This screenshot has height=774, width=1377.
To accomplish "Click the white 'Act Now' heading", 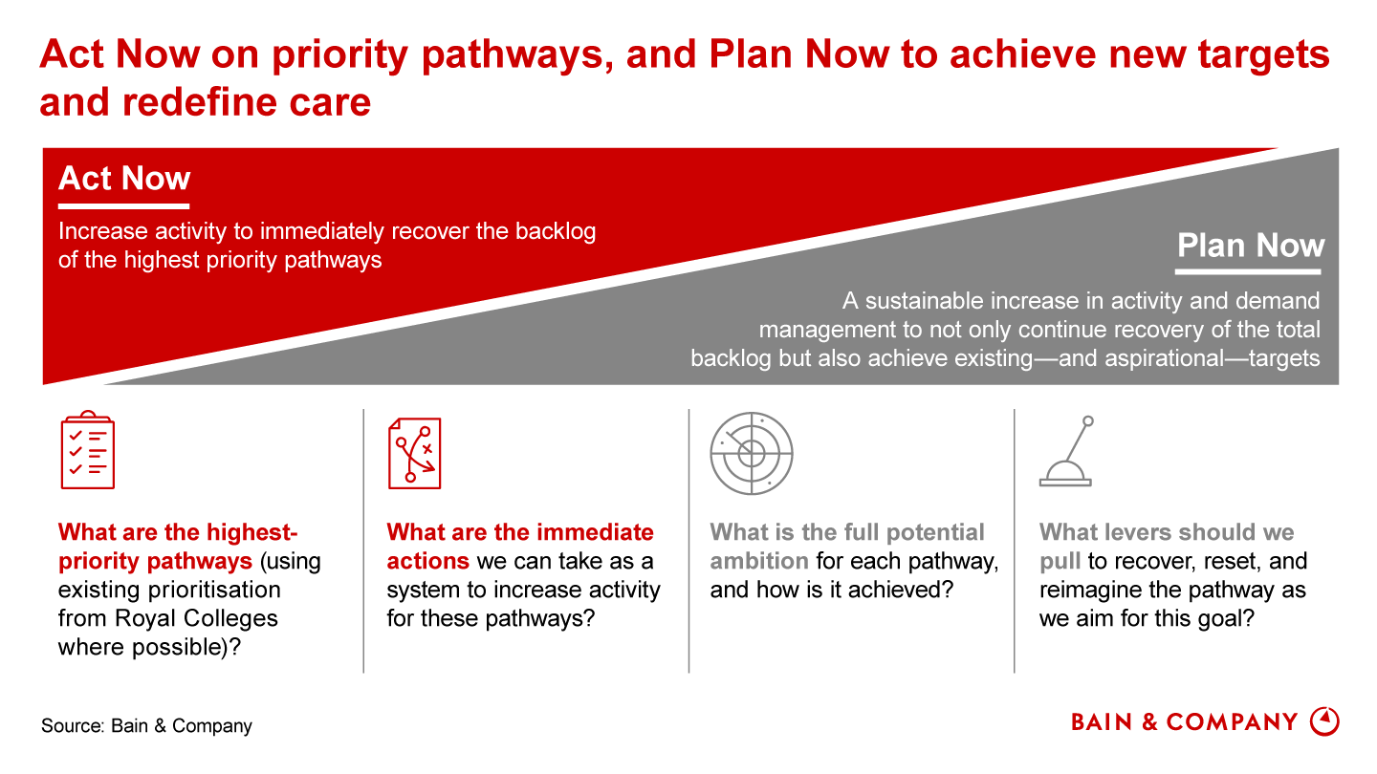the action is click(124, 178).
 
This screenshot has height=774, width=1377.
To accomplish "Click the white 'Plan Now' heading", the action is click(1251, 245).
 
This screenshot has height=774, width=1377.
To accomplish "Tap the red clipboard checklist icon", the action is click(87, 450).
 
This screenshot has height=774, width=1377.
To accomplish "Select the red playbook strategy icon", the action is click(414, 453).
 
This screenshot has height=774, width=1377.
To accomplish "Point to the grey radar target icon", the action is click(752, 453).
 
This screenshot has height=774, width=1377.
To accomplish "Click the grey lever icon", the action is click(1066, 451).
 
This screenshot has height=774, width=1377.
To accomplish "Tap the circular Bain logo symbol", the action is click(1324, 721).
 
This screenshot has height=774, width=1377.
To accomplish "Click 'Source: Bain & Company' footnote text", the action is click(146, 725).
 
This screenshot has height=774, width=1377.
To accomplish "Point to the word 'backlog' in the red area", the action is click(556, 231).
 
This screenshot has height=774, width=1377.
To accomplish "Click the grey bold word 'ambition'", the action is click(759, 561).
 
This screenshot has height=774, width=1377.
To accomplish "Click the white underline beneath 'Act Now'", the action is click(123, 206).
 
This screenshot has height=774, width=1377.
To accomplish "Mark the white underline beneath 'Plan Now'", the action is click(1249, 271).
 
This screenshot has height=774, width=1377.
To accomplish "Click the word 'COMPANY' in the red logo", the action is click(1232, 722).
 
